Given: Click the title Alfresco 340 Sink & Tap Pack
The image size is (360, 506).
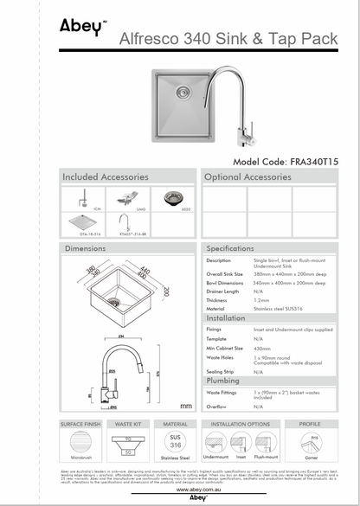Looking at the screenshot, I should click(x=216, y=38).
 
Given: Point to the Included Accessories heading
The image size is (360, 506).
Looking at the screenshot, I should click(x=105, y=177).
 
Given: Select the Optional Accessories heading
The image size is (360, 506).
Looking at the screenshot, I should click(x=248, y=177).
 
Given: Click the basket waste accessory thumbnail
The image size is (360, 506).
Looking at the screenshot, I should click(x=174, y=198).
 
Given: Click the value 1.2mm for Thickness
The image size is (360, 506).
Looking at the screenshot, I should click(x=261, y=299).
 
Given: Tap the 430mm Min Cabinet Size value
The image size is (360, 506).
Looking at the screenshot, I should click(x=262, y=349).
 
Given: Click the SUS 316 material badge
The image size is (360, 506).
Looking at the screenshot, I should click(x=174, y=441).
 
